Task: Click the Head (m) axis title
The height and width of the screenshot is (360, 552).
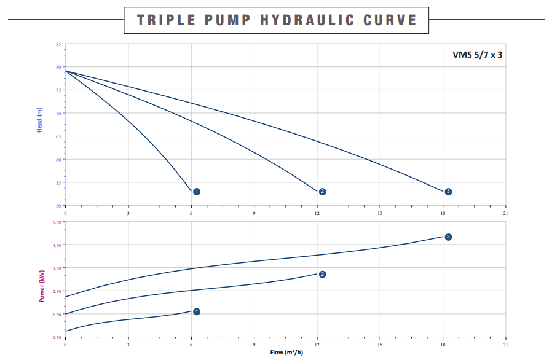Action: tap(40, 120)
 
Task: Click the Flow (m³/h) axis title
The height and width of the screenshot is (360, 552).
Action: tap(286, 352)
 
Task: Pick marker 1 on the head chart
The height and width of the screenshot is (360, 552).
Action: tap(197, 192)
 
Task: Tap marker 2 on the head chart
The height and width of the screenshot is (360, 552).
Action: tap(322, 192)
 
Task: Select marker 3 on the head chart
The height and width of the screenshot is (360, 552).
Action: tap(448, 192)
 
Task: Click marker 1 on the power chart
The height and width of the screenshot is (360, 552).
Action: tap(197, 311)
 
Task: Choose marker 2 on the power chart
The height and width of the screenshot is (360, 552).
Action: tap(322, 274)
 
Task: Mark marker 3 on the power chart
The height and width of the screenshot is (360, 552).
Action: tap(448, 237)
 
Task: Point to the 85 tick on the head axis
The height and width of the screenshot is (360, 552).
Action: tap(58, 44)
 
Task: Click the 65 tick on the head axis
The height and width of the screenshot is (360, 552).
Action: tap(58, 136)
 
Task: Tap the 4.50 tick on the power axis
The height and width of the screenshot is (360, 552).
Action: tap(57, 245)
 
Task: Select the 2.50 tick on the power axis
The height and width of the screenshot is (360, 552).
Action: tap(57, 291)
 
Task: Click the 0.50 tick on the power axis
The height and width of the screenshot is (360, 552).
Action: tap(57, 337)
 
